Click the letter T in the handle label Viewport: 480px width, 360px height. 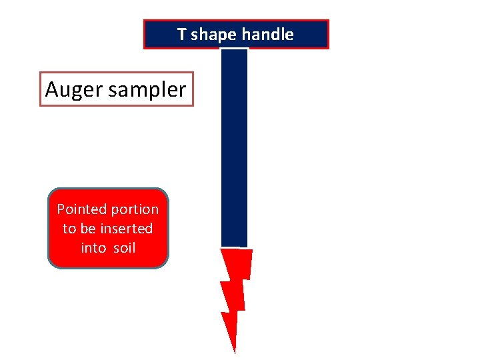(181, 35)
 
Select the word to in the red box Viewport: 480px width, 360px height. (69, 229)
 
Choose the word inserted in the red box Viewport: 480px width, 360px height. (126, 229)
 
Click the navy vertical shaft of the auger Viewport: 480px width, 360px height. (234, 147)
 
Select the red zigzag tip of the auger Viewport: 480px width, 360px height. (235, 287)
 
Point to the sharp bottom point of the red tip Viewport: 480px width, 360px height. (235, 351)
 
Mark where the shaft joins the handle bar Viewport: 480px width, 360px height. (234, 49)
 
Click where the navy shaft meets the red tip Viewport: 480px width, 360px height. (234, 248)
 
